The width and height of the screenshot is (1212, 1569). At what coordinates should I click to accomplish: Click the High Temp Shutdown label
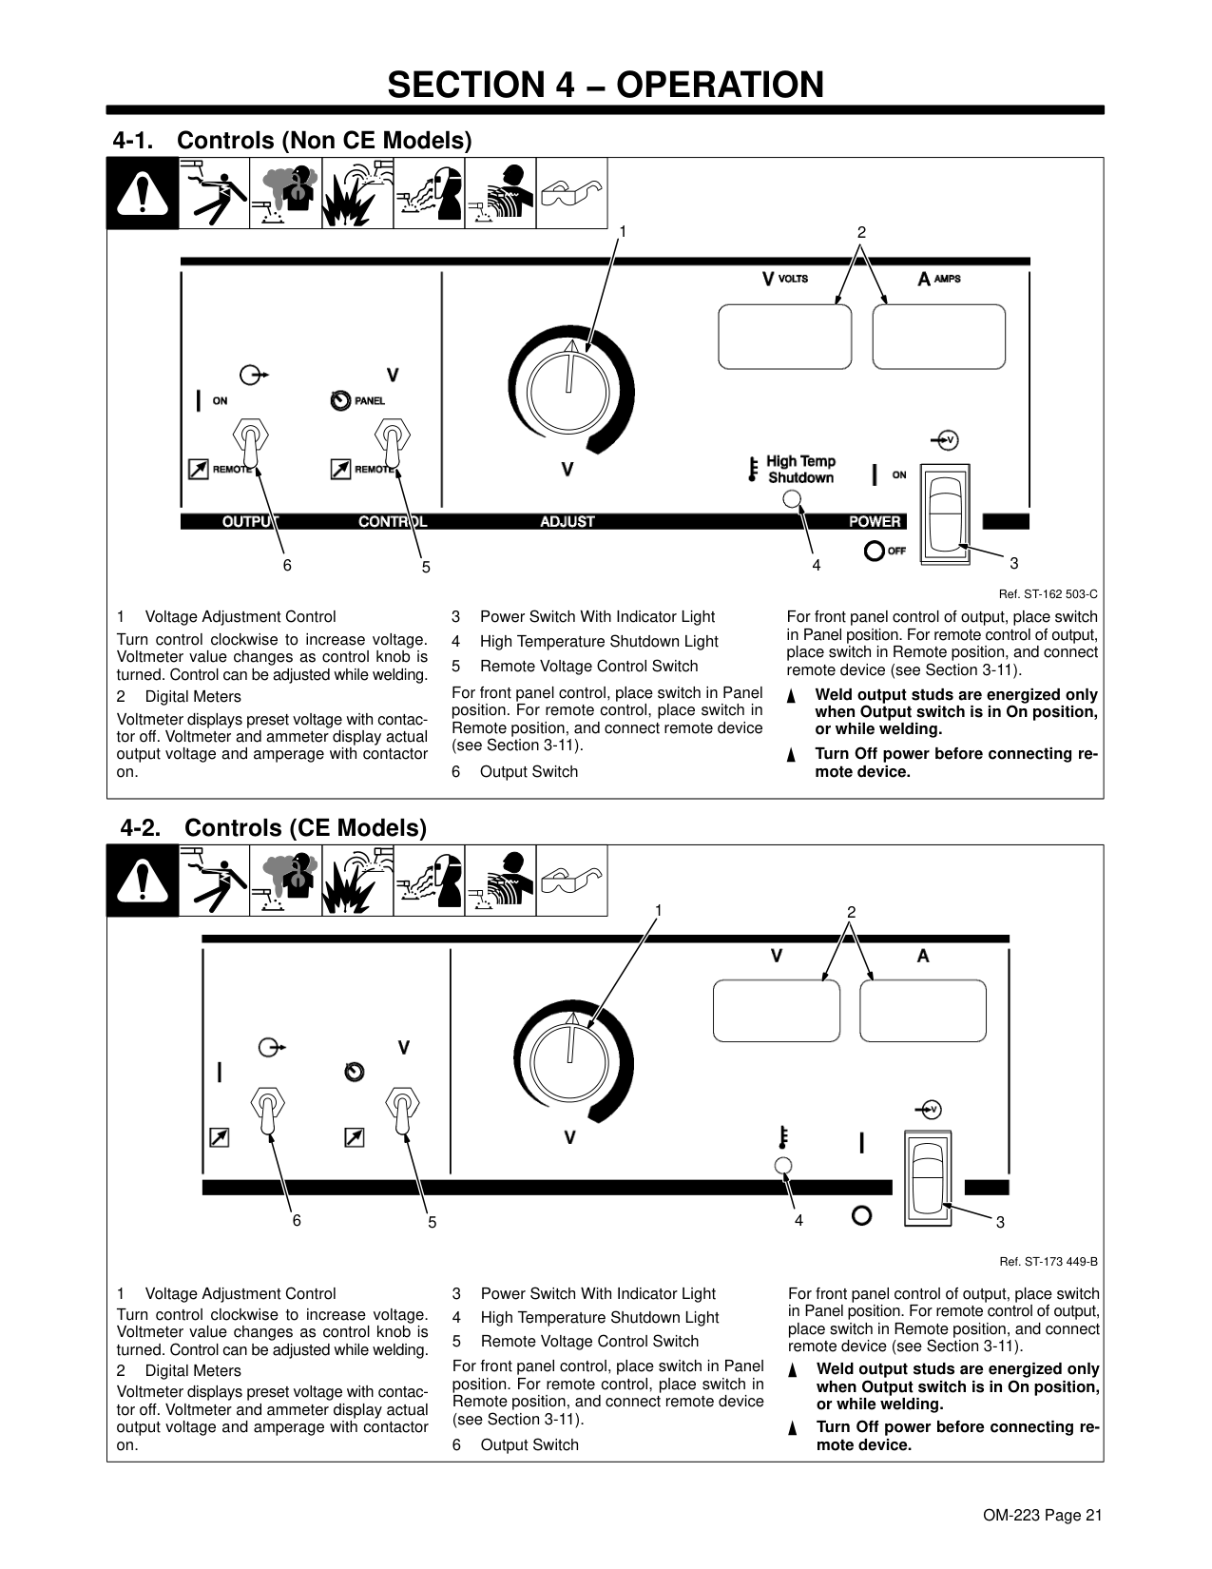point(800,470)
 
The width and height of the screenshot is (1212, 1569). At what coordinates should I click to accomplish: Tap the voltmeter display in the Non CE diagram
point(784,337)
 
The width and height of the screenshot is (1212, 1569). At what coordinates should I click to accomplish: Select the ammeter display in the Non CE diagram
point(938,337)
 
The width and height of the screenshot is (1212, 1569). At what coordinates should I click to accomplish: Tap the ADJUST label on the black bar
point(568,521)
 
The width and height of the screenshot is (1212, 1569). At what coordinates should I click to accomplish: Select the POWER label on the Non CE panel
point(875,521)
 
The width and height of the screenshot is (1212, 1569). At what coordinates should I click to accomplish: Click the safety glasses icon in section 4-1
point(571,193)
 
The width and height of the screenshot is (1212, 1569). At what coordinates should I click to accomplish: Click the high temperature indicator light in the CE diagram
point(783,1166)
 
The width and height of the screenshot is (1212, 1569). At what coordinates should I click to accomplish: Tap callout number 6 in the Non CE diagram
point(287,564)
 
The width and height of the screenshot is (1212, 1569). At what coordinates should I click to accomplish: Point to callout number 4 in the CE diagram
point(798,1220)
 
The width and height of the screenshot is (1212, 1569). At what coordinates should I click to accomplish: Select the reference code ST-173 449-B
point(1048,1262)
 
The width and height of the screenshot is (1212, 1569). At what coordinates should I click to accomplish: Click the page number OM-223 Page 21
point(1044,1516)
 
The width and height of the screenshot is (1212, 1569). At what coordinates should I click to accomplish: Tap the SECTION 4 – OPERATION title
point(606,85)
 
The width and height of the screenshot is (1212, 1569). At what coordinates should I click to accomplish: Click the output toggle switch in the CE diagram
point(268,1110)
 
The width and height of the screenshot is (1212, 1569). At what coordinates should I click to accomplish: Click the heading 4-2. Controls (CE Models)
point(273,827)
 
